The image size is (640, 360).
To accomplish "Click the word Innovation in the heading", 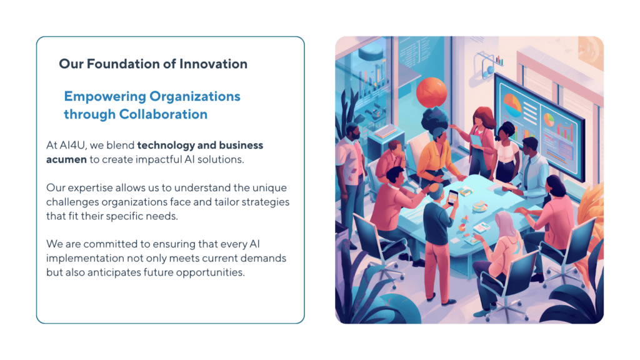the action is coord(214,64).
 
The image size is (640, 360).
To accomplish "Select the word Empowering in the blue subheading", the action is coord(105,97).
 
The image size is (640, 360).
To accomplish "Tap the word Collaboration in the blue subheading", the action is coord(163,114).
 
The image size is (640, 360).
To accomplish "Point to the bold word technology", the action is coord(166,146).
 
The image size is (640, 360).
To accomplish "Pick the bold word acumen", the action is coord(66,159).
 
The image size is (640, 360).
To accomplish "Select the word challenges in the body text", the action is coord(72,202).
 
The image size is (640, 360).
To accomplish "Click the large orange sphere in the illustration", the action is coord(431,92).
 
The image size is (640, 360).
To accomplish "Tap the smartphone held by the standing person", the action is coord(452,197).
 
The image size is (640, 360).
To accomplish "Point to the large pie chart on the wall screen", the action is coord(512,104).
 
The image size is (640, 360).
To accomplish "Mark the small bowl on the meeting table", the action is coord(480,206).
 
